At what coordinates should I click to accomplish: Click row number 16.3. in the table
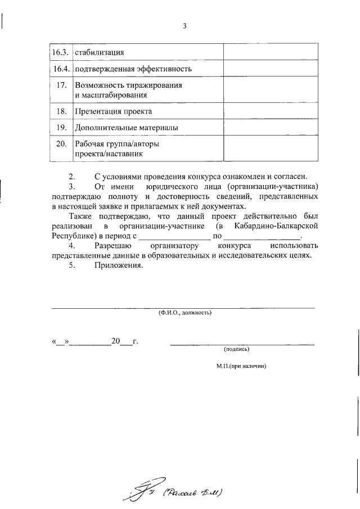(59, 53)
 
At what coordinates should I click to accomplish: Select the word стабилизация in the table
(99, 53)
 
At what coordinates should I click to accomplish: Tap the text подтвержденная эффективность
(133, 69)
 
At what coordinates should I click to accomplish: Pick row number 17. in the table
(62, 85)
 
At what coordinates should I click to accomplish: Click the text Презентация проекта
(110, 112)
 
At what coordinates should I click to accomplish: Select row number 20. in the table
(62, 144)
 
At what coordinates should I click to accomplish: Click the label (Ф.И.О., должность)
(184, 312)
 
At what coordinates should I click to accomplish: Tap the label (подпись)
(236, 349)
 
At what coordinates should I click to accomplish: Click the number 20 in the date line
(116, 341)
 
